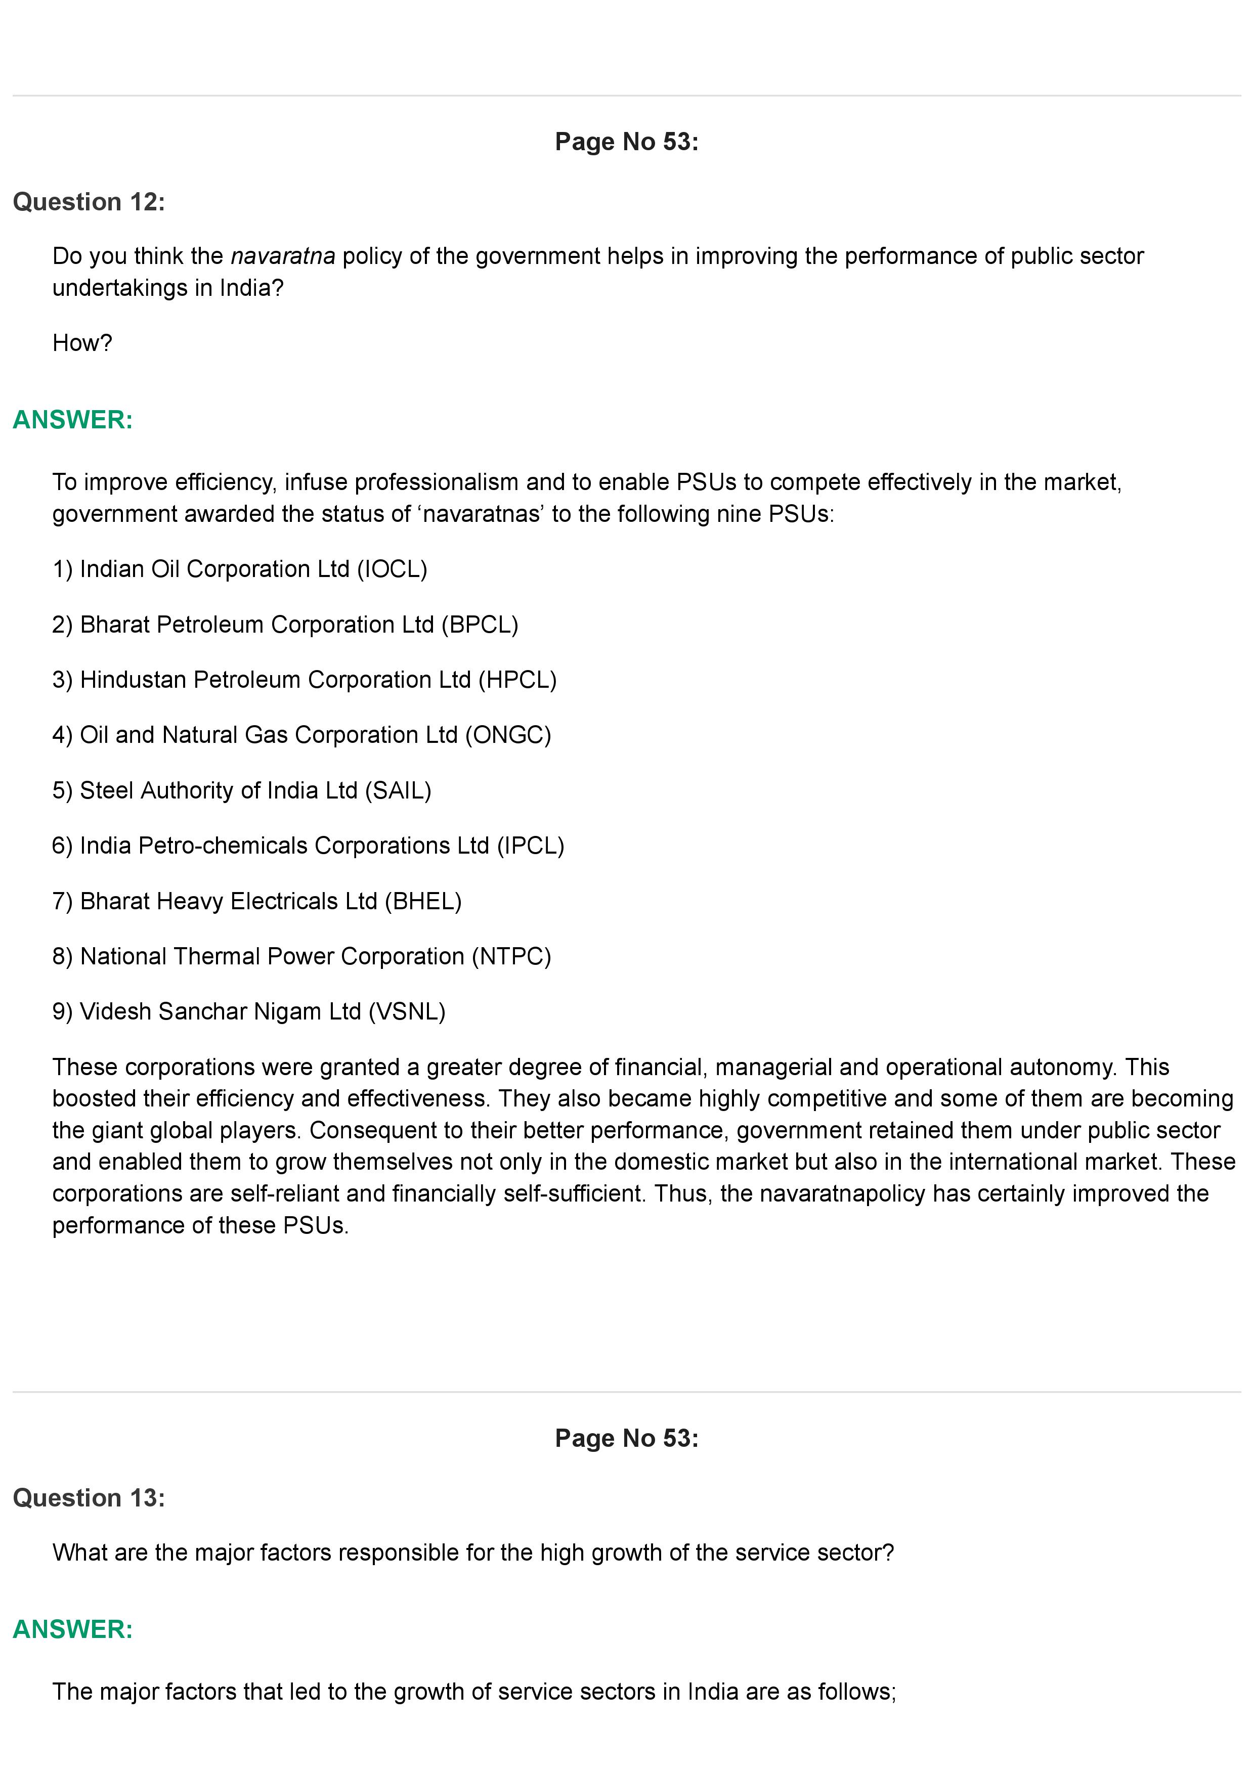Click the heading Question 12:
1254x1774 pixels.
tap(89, 202)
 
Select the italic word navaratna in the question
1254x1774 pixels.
tap(283, 256)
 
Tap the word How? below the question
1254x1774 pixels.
tap(82, 342)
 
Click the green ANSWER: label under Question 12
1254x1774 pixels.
tap(73, 420)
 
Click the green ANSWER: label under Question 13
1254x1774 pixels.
tap(73, 1629)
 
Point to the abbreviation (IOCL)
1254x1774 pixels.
tap(392, 569)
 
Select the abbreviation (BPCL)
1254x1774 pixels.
tap(480, 625)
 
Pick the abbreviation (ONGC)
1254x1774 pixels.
tap(508, 735)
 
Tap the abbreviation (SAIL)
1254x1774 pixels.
tap(398, 790)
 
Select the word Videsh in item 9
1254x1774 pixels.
tap(116, 1011)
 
